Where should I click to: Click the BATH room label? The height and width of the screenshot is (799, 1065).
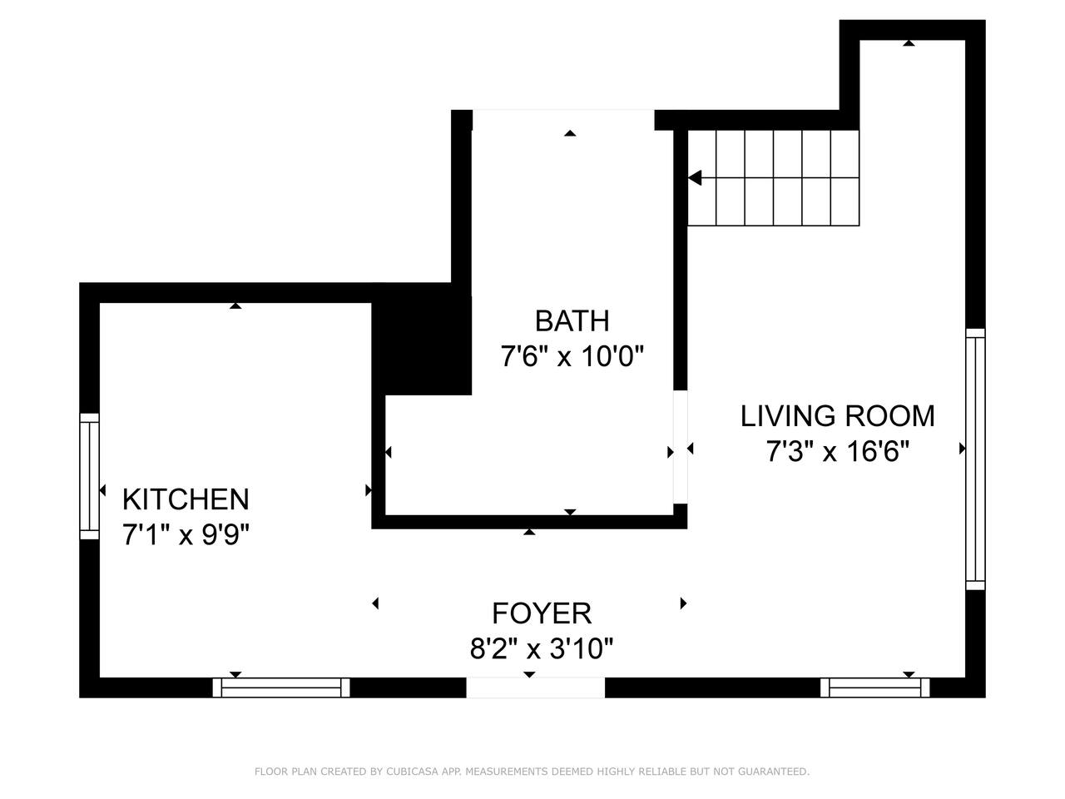click(x=572, y=320)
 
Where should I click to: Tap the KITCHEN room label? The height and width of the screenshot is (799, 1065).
click(x=186, y=499)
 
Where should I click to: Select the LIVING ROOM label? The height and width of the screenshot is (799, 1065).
click(x=838, y=416)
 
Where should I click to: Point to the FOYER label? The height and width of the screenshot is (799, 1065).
click(x=542, y=613)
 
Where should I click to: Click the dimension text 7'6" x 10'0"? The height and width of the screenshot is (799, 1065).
click(x=572, y=356)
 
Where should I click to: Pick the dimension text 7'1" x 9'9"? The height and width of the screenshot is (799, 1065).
click(x=186, y=535)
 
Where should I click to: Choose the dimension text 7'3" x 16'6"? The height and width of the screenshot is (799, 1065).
click(x=838, y=451)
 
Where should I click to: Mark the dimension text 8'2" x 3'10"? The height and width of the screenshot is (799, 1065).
click(x=542, y=648)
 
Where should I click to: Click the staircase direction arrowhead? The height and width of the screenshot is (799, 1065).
click(x=695, y=178)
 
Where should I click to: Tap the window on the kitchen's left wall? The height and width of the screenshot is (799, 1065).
click(x=89, y=476)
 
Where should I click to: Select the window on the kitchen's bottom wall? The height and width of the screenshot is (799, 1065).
click(x=281, y=687)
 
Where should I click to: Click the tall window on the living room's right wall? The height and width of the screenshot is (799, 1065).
click(x=975, y=459)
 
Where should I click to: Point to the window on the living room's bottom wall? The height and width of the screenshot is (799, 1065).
click(x=874, y=687)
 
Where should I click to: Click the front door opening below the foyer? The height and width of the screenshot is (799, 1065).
click(x=536, y=687)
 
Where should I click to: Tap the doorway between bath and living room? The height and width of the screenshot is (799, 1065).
click(x=681, y=447)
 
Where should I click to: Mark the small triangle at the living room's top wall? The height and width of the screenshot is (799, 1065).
click(x=909, y=43)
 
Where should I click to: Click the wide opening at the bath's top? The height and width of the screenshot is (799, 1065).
click(x=563, y=120)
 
